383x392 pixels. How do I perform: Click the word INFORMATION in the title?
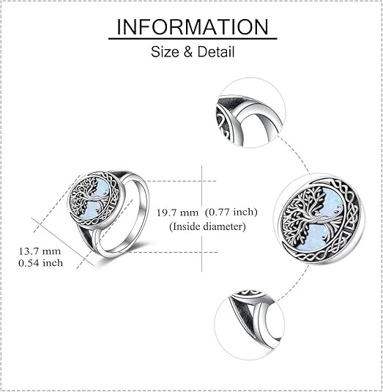(193, 27)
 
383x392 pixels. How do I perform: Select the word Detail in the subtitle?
(216, 52)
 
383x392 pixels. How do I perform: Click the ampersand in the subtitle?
(188, 52)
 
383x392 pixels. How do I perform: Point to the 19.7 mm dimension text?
(177, 212)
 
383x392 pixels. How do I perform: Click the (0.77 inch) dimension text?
(231, 212)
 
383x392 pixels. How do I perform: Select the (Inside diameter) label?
(208, 226)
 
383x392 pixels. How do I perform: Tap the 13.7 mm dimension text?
(40, 251)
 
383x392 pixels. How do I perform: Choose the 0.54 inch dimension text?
(40, 263)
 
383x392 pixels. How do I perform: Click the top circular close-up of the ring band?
(250, 113)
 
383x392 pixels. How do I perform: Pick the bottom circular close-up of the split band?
(249, 325)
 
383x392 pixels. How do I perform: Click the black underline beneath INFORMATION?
(193, 39)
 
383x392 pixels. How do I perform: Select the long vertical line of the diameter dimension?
(201, 218)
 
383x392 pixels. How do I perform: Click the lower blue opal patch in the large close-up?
(318, 238)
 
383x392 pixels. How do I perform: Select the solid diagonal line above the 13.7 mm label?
(63, 242)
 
